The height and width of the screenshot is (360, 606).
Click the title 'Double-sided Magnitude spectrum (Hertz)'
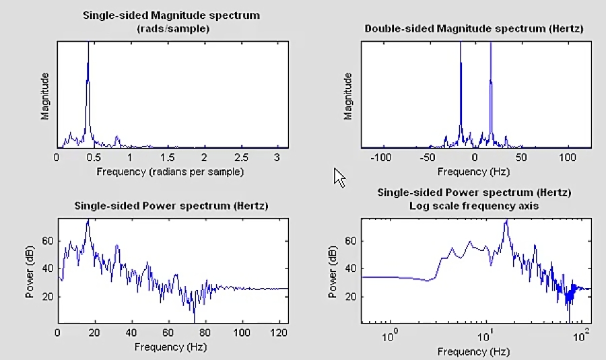(473, 28)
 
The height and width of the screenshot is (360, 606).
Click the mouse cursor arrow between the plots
(339, 178)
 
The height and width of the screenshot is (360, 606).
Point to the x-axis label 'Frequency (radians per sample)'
(170, 172)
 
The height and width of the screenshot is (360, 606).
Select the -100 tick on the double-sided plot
(381, 157)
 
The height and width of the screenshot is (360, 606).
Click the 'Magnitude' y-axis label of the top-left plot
(45, 97)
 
